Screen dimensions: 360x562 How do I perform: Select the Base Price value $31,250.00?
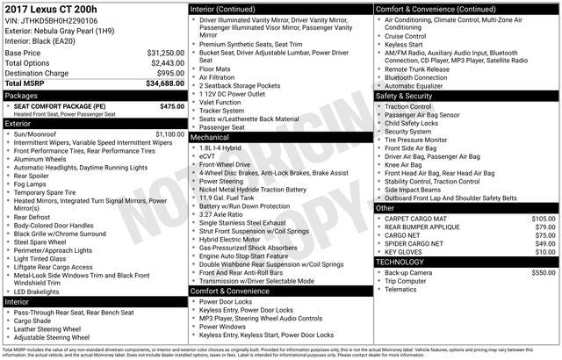[x=165, y=54]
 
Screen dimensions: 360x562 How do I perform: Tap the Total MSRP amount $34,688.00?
[x=165, y=83]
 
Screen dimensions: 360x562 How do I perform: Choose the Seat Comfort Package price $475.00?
[x=172, y=106]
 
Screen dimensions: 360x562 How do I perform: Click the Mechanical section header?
[x=210, y=137]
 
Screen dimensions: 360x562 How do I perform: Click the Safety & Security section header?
[x=408, y=95]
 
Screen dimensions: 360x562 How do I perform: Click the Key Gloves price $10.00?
[x=545, y=251]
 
